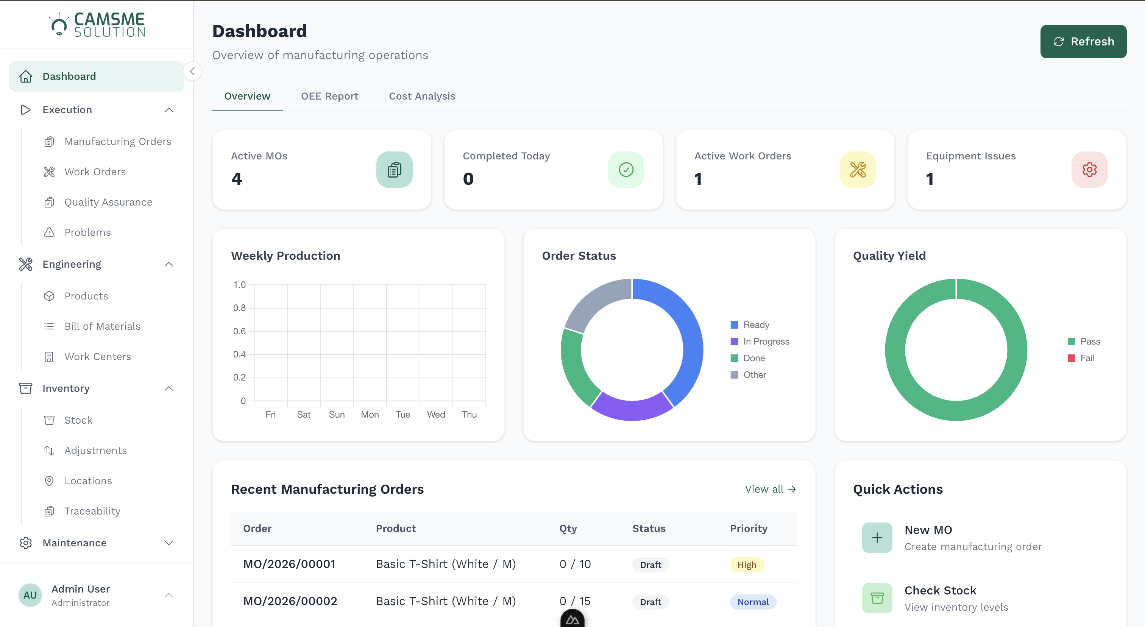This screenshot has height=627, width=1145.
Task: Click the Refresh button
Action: (1083, 41)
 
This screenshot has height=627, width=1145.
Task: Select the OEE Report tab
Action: (329, 96)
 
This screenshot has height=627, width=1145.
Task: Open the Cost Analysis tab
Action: (422, 96)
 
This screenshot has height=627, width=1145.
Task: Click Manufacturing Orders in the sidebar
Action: (117, 141)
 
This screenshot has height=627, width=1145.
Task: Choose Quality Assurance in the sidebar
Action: (108, 202)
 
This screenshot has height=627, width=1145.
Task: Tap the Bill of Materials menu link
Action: (102, 326)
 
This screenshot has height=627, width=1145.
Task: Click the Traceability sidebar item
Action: (92, 511)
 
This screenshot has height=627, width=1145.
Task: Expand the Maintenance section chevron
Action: (169, 543)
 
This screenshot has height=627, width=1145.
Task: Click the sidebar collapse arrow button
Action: (192, 71)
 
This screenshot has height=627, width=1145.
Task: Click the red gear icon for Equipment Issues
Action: (1089, 169)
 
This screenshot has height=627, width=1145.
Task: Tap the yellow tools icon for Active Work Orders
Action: (857, 169)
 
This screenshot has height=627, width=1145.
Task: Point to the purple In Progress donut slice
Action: (631, 409)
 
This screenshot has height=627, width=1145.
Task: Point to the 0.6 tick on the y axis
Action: (239, 331)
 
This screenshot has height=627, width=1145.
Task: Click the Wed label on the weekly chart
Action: (435, 414)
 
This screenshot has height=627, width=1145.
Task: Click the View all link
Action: (770, 489)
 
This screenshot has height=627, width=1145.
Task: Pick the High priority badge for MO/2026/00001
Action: (746, 565)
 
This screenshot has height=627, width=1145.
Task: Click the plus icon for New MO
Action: (877, 538)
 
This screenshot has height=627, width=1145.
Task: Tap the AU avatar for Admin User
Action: (30, 595)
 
